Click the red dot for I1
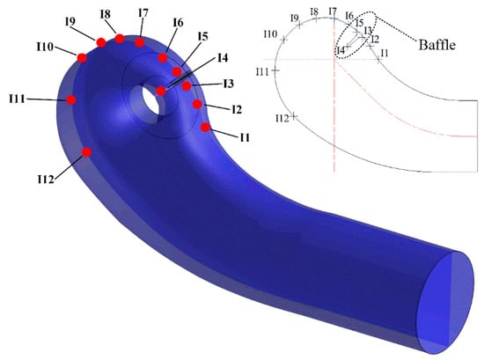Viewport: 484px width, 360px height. (205, 127)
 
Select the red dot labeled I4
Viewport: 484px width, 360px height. (161, 91)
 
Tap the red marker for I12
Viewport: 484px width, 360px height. (87, 152)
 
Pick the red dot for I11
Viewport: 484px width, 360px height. (71, 99)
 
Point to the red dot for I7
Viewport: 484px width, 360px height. (140, 42)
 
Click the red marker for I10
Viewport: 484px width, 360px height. (82, 58)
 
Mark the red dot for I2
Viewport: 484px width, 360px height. (197, 105)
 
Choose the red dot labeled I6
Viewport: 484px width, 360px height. (163, 58)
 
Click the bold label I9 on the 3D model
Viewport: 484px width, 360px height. (70, 22)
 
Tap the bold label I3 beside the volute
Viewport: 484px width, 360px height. (229, 84)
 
